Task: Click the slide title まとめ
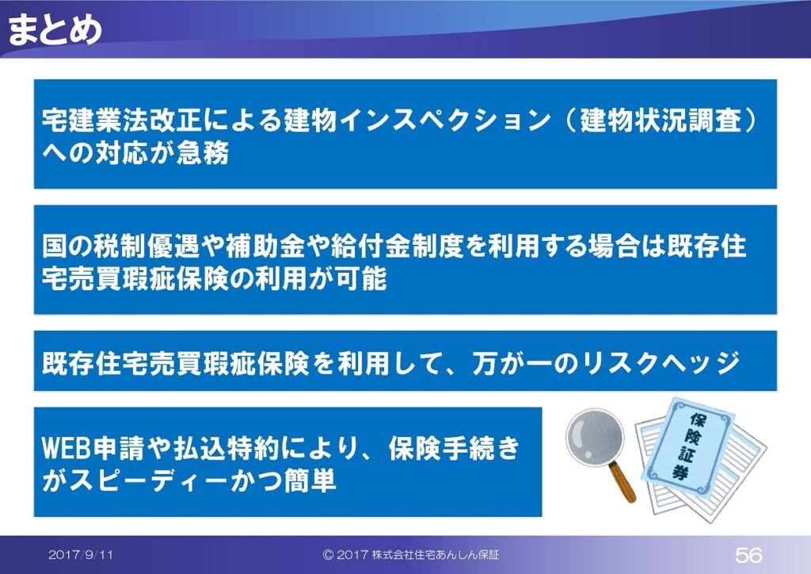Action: tap(55, 29)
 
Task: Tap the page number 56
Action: tap(748, 555)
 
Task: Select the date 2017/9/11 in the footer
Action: tap(81, 555)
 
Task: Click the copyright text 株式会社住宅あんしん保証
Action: tap(436, 555)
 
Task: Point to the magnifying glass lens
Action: tap(595, 437)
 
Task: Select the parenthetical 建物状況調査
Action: tap(661, 120)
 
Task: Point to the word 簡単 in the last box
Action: tap(310, 480)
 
